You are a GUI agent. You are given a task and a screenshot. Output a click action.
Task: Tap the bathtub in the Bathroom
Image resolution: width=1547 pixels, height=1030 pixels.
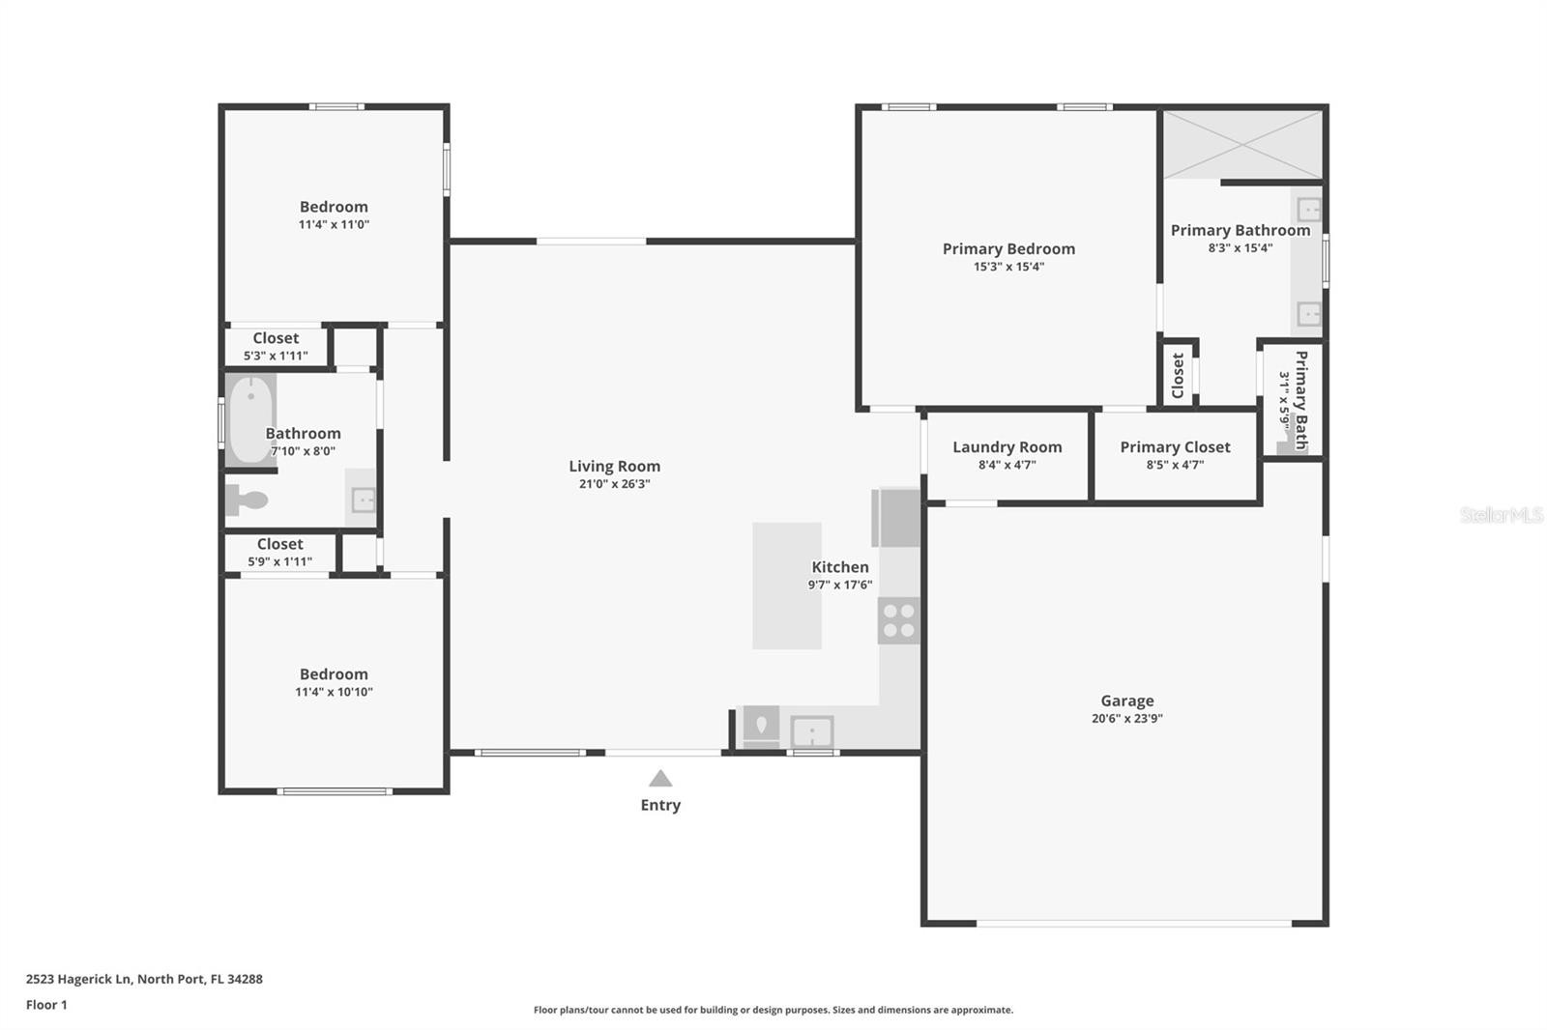(x=250, y=419)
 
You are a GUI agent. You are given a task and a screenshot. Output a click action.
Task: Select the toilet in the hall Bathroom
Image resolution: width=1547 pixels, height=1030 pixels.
(x=246, y=500)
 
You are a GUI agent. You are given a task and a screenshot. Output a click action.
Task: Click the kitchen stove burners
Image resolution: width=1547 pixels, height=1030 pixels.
(x=898, y=620)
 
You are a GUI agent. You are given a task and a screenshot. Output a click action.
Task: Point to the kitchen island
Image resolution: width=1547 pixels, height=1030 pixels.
(x=787, y=586)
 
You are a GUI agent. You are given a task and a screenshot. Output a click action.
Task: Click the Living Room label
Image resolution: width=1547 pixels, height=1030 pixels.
(x=615, y=466)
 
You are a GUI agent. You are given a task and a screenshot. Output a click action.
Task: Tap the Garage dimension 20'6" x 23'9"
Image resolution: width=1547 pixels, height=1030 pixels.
(x=1127, y=718)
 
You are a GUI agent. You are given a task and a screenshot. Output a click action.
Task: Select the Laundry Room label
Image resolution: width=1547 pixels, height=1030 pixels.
(x=1007, y=446)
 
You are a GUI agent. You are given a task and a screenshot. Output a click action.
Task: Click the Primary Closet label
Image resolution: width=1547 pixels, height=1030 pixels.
(x=1175, y=446)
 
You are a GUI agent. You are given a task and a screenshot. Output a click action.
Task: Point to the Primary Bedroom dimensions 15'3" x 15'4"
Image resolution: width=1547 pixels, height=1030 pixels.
(x=1008, y=267)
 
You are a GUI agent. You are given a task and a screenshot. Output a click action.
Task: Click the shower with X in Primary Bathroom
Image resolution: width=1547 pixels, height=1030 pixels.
(x=1243, y=144)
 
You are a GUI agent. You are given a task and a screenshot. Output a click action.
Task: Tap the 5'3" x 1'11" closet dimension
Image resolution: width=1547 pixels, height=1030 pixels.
(x=276, y=356)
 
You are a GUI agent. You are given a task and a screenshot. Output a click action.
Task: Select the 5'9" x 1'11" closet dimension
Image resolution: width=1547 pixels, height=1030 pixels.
(x=279, y=561)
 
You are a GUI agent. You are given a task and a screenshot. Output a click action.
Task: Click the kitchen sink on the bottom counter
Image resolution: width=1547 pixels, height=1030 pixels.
(x=812, y=731)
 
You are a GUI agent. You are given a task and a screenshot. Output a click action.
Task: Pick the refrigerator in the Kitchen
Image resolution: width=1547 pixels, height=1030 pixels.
(x=895, y=517)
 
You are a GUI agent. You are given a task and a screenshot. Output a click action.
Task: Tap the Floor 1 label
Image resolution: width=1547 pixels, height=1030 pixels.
(x=46, y=1005)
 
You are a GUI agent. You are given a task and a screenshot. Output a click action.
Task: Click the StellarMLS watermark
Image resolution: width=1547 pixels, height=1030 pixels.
(x=1502, y=514)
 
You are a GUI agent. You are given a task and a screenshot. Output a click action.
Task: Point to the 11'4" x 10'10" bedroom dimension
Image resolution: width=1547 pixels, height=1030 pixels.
(x=334, y=692)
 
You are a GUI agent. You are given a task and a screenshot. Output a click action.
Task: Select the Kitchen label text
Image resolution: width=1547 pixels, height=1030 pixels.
(x=840, y=567)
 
